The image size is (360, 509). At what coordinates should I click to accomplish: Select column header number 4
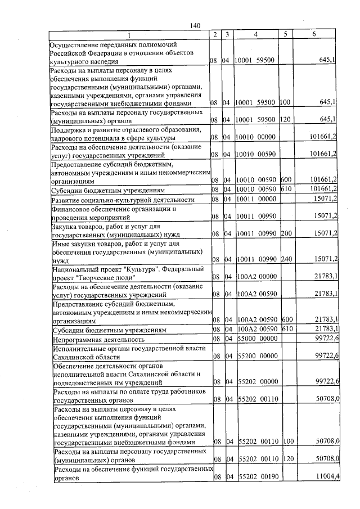255,35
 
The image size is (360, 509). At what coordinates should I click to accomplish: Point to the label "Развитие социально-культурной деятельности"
123,200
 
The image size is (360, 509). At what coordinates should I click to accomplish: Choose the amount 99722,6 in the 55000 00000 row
326,340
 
